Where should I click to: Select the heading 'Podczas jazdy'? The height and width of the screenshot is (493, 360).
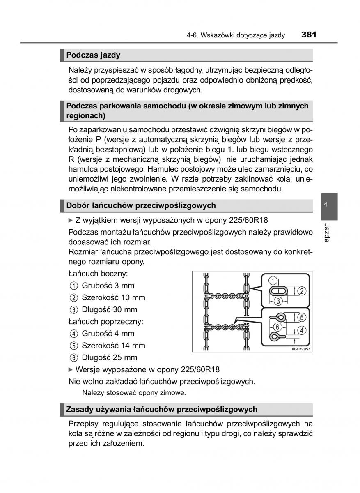pyautogui.click(x=93, y=55)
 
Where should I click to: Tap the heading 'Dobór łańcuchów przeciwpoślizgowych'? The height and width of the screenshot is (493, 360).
pyautogui.click(x=141, y=205)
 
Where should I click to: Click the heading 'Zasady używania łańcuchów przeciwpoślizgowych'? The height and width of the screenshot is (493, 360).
pyautogui.click(x=162, y=409)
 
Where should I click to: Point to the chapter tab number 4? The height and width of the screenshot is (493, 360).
pyautogui.click(x=325, y=205)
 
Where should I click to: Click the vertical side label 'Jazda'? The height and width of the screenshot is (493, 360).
pyautogui.click(x=326, y=233)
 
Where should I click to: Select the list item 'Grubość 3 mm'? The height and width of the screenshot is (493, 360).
pyautogui.click(x=108, y=286)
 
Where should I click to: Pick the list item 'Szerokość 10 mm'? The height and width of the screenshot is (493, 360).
pyautogui.click(x=113, y=297)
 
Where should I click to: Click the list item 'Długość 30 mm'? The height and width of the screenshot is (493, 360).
pyautogui.click(x=109, y=309)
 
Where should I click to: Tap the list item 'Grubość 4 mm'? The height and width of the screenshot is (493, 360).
pyautogui.click(x=108, y=334)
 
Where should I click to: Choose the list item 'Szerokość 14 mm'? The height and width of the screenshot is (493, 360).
pyautogui.click(x=113, y=346)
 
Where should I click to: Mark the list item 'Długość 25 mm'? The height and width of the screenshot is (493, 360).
pyautogui.click(x=109, y=357)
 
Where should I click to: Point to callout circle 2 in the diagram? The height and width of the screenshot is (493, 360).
pyautogui.click(x=302, y=291)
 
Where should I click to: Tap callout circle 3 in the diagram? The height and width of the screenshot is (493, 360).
pyautogui.click(x=278, y=301)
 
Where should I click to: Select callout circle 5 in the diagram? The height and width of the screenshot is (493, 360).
pyautogui.click(x=302, y=317)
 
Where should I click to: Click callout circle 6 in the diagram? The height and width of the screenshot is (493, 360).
pyautogui.click(x=278, y=327)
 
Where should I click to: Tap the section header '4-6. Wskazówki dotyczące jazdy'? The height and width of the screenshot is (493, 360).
pyautogui.click(x=235, y=35)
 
